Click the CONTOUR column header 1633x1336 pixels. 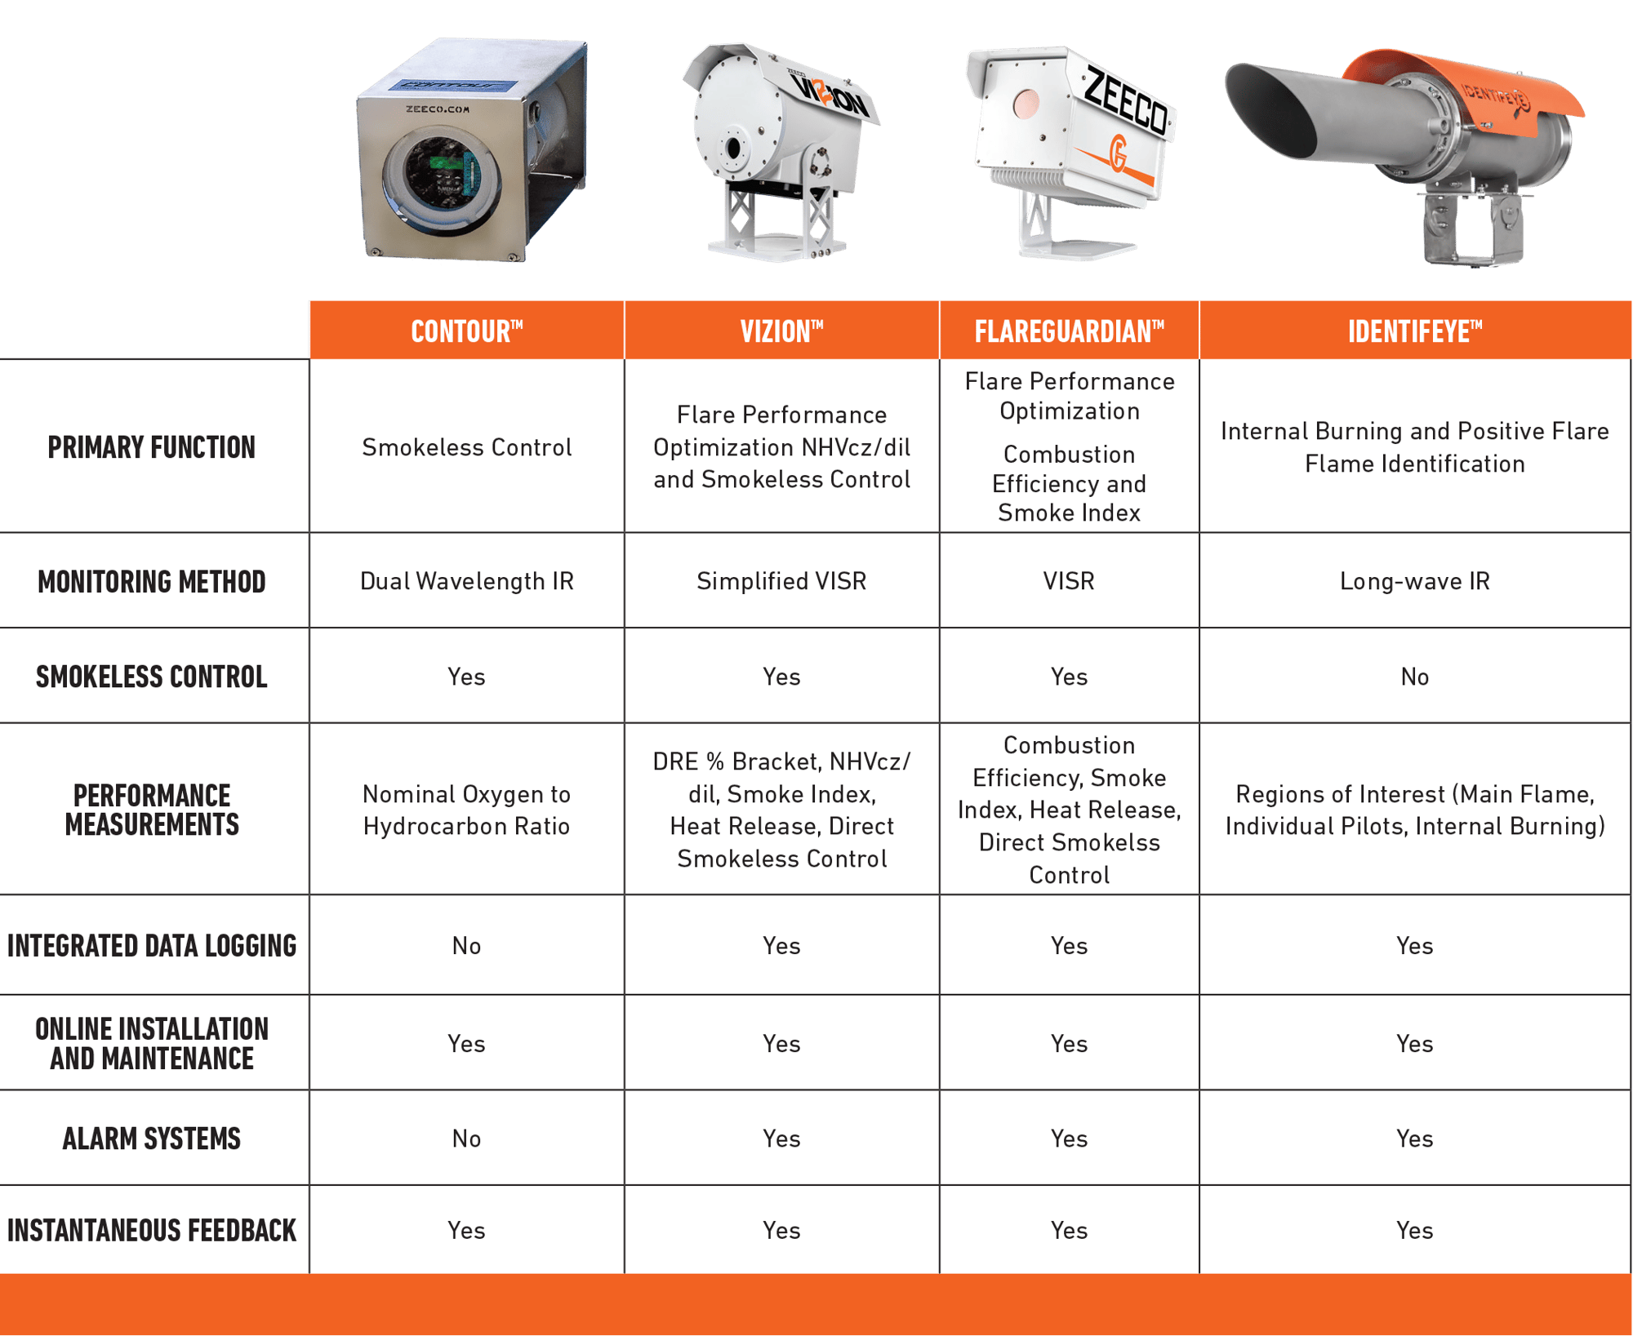click(x=466, y=331)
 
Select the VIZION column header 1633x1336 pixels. click(x=781, y=331)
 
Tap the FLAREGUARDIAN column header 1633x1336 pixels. click(x=1069, y=331)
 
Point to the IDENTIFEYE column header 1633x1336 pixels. click(x=1414, y=331)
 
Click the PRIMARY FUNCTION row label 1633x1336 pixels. click(x=152, y=447)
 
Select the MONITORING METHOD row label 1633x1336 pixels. click(x=152, y=581)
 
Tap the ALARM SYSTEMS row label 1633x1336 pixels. click(x=152, y=1138)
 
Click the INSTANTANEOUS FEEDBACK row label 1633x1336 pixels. click(x=152, y=1230)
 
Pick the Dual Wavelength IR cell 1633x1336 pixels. click(x=466, y=581)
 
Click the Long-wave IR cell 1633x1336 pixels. click(x=1414, y=581)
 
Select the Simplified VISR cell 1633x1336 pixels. click(x=781, y=581)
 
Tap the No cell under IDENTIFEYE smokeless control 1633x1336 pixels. click(x=1414, y=677)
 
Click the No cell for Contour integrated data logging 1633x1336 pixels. click(x=466, y=946)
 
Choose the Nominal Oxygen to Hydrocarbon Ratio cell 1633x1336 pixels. click(x=466, y=810)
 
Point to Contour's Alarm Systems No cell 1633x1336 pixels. click(x=466, y=1138)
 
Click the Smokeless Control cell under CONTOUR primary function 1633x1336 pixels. click(x=466, y=447)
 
